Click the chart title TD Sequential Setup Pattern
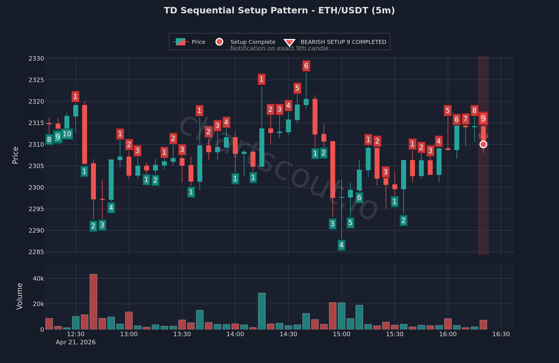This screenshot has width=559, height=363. (x=279, y=10)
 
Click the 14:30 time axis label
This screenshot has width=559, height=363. (x=288, y=334)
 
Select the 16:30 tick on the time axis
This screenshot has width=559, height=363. (x=501, y=334)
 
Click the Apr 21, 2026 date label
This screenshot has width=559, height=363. (x=75, y=342)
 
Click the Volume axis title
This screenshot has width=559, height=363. (x=20, y=296)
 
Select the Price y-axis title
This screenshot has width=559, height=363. (x=15, y=155)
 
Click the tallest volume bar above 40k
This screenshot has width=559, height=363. (x=94, y=302)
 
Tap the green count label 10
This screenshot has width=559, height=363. (x=67, y=134)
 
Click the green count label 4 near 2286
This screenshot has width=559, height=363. (x=341, y=245)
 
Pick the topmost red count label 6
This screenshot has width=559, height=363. (x=306, y=66)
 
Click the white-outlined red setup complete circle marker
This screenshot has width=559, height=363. (x=483, y=144)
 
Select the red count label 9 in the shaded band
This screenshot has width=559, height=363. (x=483, y=118)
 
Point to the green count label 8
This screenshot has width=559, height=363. (x=49, y=139)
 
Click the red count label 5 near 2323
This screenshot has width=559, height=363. (x=297, y=88)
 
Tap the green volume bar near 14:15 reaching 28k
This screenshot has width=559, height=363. (x=262, y=311)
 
